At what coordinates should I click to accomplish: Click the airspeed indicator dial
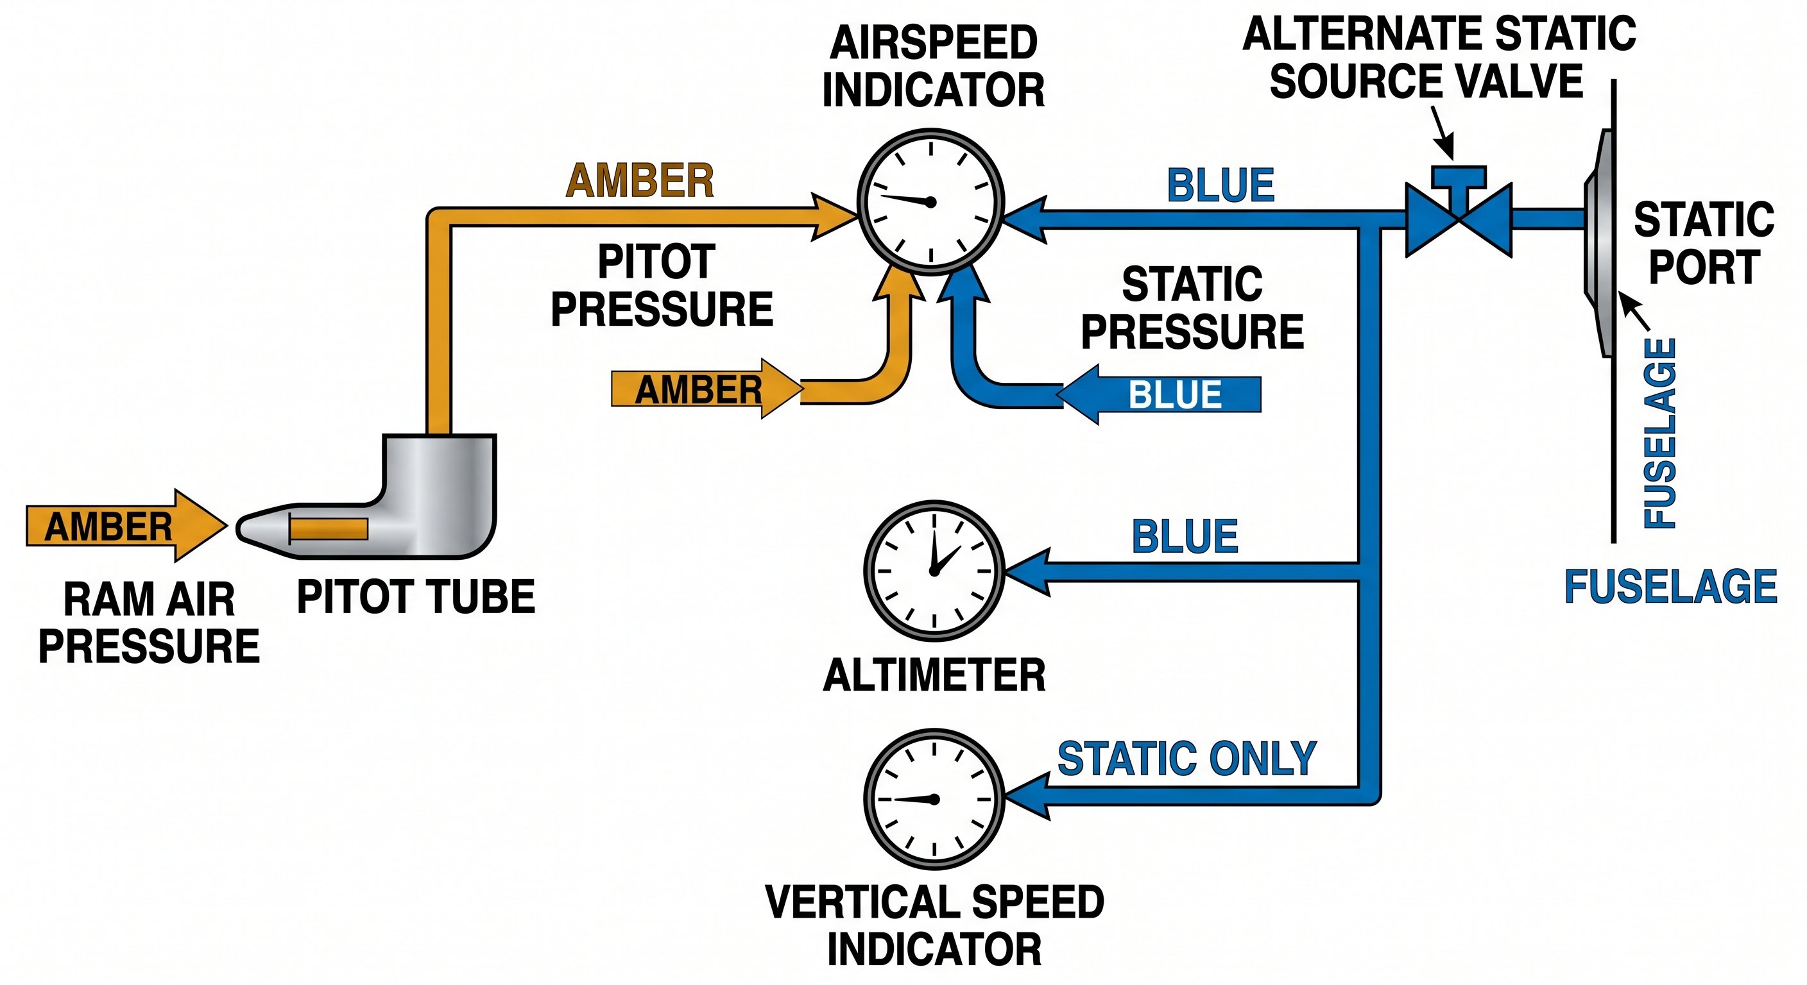point(931,202)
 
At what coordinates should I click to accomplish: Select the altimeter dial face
point(934,571)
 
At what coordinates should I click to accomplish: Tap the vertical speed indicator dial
point(934,799)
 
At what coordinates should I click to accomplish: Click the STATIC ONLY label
point(1187,759)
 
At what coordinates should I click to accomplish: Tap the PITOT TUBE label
point(416,597)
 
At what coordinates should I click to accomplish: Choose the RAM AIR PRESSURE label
point(149,623)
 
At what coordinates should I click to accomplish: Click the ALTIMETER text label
point(934,676)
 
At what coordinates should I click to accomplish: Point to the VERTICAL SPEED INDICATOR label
point(934,925)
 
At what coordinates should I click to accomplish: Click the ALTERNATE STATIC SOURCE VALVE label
point(1438,58)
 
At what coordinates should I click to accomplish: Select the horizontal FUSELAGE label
point(1671,587)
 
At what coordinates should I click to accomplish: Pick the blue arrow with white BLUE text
point(1165,394)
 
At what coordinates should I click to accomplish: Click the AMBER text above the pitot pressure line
point(640,181)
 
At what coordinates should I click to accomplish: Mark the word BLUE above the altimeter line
point(1185,537)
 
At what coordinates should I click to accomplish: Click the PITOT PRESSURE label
point(661,285)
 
